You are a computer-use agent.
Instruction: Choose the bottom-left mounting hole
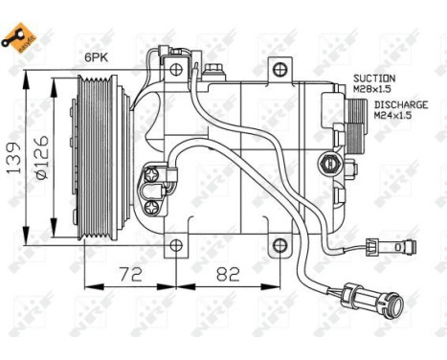(x=176, y=246)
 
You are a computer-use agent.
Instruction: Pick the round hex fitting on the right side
(x=330, y=160)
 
